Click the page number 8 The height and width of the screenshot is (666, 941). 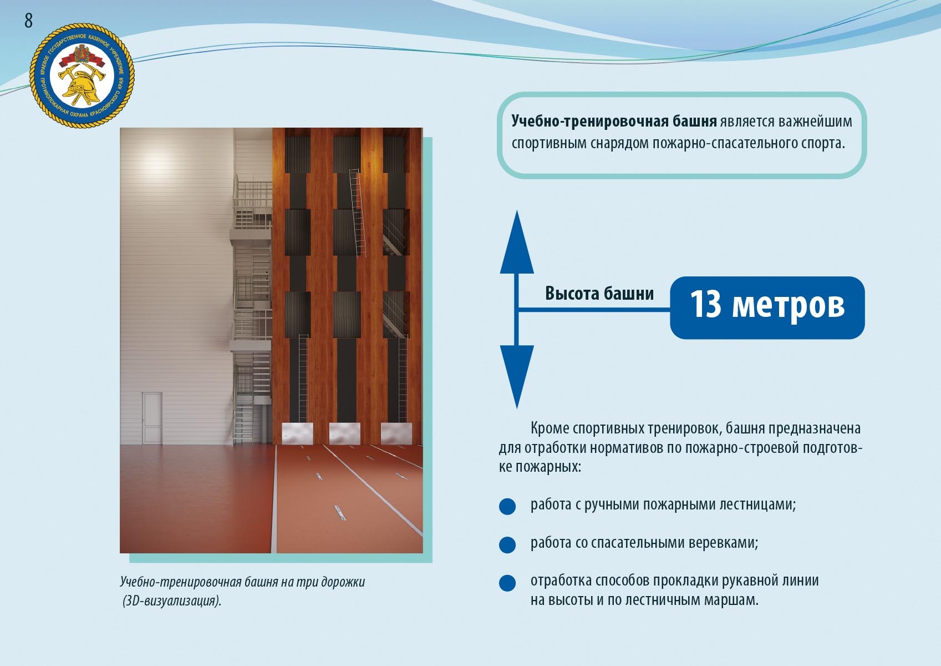click(28, 20)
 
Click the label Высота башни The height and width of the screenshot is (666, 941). click(599, 293)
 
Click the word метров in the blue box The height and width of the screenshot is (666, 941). click(788, 307)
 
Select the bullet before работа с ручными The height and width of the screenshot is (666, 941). click(507, 506)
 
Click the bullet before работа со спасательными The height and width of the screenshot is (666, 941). click(507, 544)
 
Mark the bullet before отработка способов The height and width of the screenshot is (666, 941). click(507, 583)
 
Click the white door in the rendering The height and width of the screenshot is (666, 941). click(152, 418)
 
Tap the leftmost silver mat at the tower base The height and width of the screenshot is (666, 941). click(297, 433)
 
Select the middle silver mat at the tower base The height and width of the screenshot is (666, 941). click(344, 433)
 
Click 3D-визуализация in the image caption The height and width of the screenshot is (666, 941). click(172, 601)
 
